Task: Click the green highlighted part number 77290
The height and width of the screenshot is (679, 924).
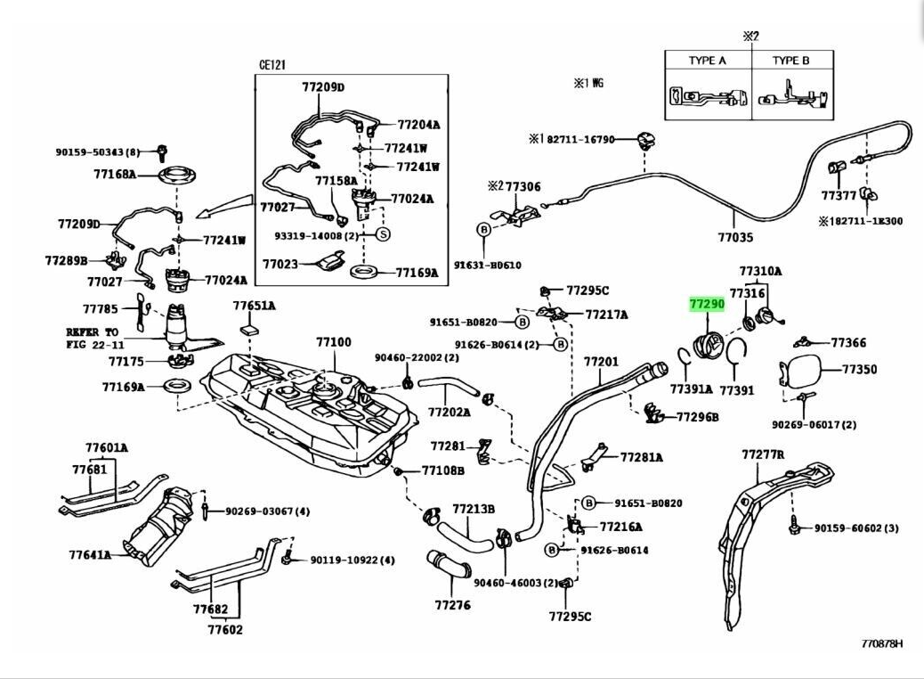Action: coord(708,304)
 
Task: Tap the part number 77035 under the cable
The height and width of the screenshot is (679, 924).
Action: coord(735,238)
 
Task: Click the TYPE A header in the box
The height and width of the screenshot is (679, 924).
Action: coord(708,61)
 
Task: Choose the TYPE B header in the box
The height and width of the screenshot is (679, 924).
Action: coord(790,61)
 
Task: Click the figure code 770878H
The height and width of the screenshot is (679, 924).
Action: coord(881,642)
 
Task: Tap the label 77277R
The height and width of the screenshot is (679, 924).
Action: coord(763,454)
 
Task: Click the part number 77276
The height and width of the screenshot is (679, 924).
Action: coord(452,605)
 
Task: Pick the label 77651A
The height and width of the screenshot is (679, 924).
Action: coord(255,306)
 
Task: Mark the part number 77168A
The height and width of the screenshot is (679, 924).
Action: coord(114,174)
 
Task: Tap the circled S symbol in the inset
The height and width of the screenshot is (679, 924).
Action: coord(383,234)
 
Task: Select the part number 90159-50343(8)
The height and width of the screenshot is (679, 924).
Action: coord(98,152)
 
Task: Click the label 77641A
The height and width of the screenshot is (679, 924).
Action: coord(90,554)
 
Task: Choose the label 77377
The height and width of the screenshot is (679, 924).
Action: coord(839,195)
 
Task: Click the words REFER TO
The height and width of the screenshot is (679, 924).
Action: coord(92,331)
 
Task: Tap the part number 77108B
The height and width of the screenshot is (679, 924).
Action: coord(442,470)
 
